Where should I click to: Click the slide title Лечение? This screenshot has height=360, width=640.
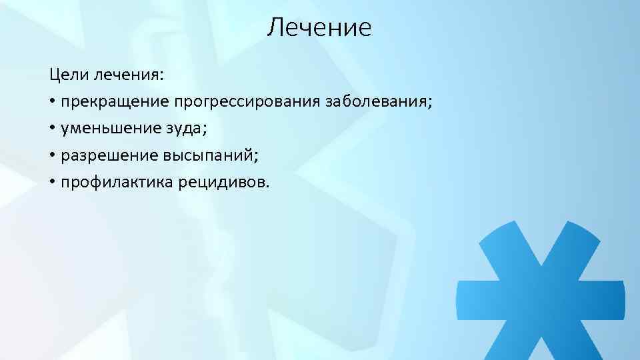pyautogui.click(x=319, y=28)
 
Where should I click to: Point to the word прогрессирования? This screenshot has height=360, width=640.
pyautogui.click(x=247, y=103)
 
